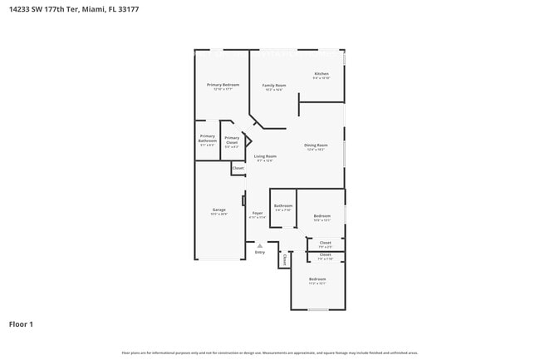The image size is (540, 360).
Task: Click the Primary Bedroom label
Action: tap(223, 85)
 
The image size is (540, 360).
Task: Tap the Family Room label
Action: tap(273, 86)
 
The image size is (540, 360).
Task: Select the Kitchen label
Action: tap(322, 74)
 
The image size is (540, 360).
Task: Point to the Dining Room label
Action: tap(316, 145)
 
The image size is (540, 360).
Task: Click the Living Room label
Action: tap(265, 156)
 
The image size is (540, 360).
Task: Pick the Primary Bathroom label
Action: tap(207, 138)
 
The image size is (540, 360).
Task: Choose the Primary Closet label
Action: tap(232, 139)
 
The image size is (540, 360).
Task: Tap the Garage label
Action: tap(218, 210)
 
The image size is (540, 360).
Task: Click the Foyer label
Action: tap(258, 214)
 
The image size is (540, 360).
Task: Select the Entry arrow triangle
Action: tap(260, 245)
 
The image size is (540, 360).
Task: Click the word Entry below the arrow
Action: tap(260, 252)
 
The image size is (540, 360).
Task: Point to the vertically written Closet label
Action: tap(284, 260)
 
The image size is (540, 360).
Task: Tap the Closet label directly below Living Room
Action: tap(238, 168)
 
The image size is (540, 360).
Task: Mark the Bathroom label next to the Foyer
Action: tap(283, 205)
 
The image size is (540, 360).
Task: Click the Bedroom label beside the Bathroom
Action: tap(322, 216)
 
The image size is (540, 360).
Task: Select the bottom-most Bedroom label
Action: tap(317, 279)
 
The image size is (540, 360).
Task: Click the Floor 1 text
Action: tap(21, 324)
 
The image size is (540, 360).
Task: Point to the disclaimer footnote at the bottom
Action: tap(269, 353)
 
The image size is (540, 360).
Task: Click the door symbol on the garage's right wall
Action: tap(243, 200)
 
